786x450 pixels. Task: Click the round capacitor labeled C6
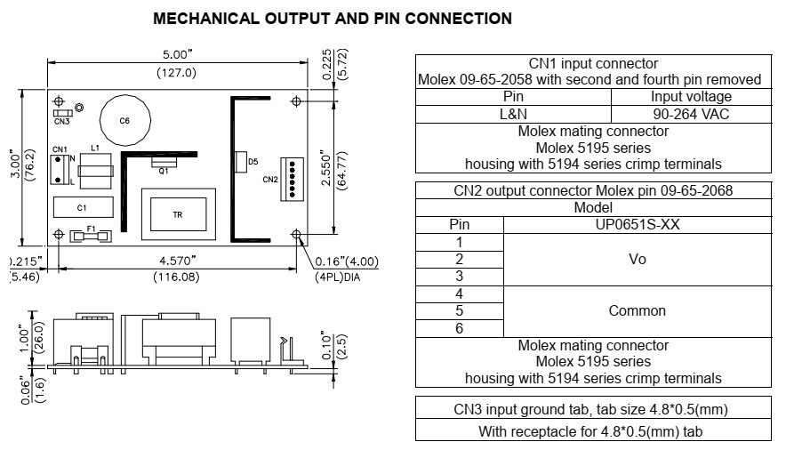[124, 120]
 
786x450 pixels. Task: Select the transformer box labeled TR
[179, 214]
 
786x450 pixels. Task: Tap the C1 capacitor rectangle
[84, 207]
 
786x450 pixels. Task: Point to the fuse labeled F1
[91, 236]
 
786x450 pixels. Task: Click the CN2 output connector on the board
[293, 180]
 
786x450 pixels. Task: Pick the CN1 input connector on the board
[59, 169]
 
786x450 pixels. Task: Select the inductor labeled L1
[96, 171]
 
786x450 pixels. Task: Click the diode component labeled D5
[241, 162]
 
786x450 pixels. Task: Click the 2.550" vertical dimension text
[326, 167]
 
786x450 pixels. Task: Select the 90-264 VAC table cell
[691, 114]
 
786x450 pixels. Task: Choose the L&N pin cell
[513, 114]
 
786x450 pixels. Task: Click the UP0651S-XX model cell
[638, 224]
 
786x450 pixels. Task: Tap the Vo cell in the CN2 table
[638, 260]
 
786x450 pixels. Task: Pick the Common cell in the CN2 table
[638, 311]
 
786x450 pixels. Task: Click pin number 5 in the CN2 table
[459, 311]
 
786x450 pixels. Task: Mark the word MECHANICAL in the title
[206, 19]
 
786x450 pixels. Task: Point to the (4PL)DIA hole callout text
[337, 277]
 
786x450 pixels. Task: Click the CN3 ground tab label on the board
[61, 122]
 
